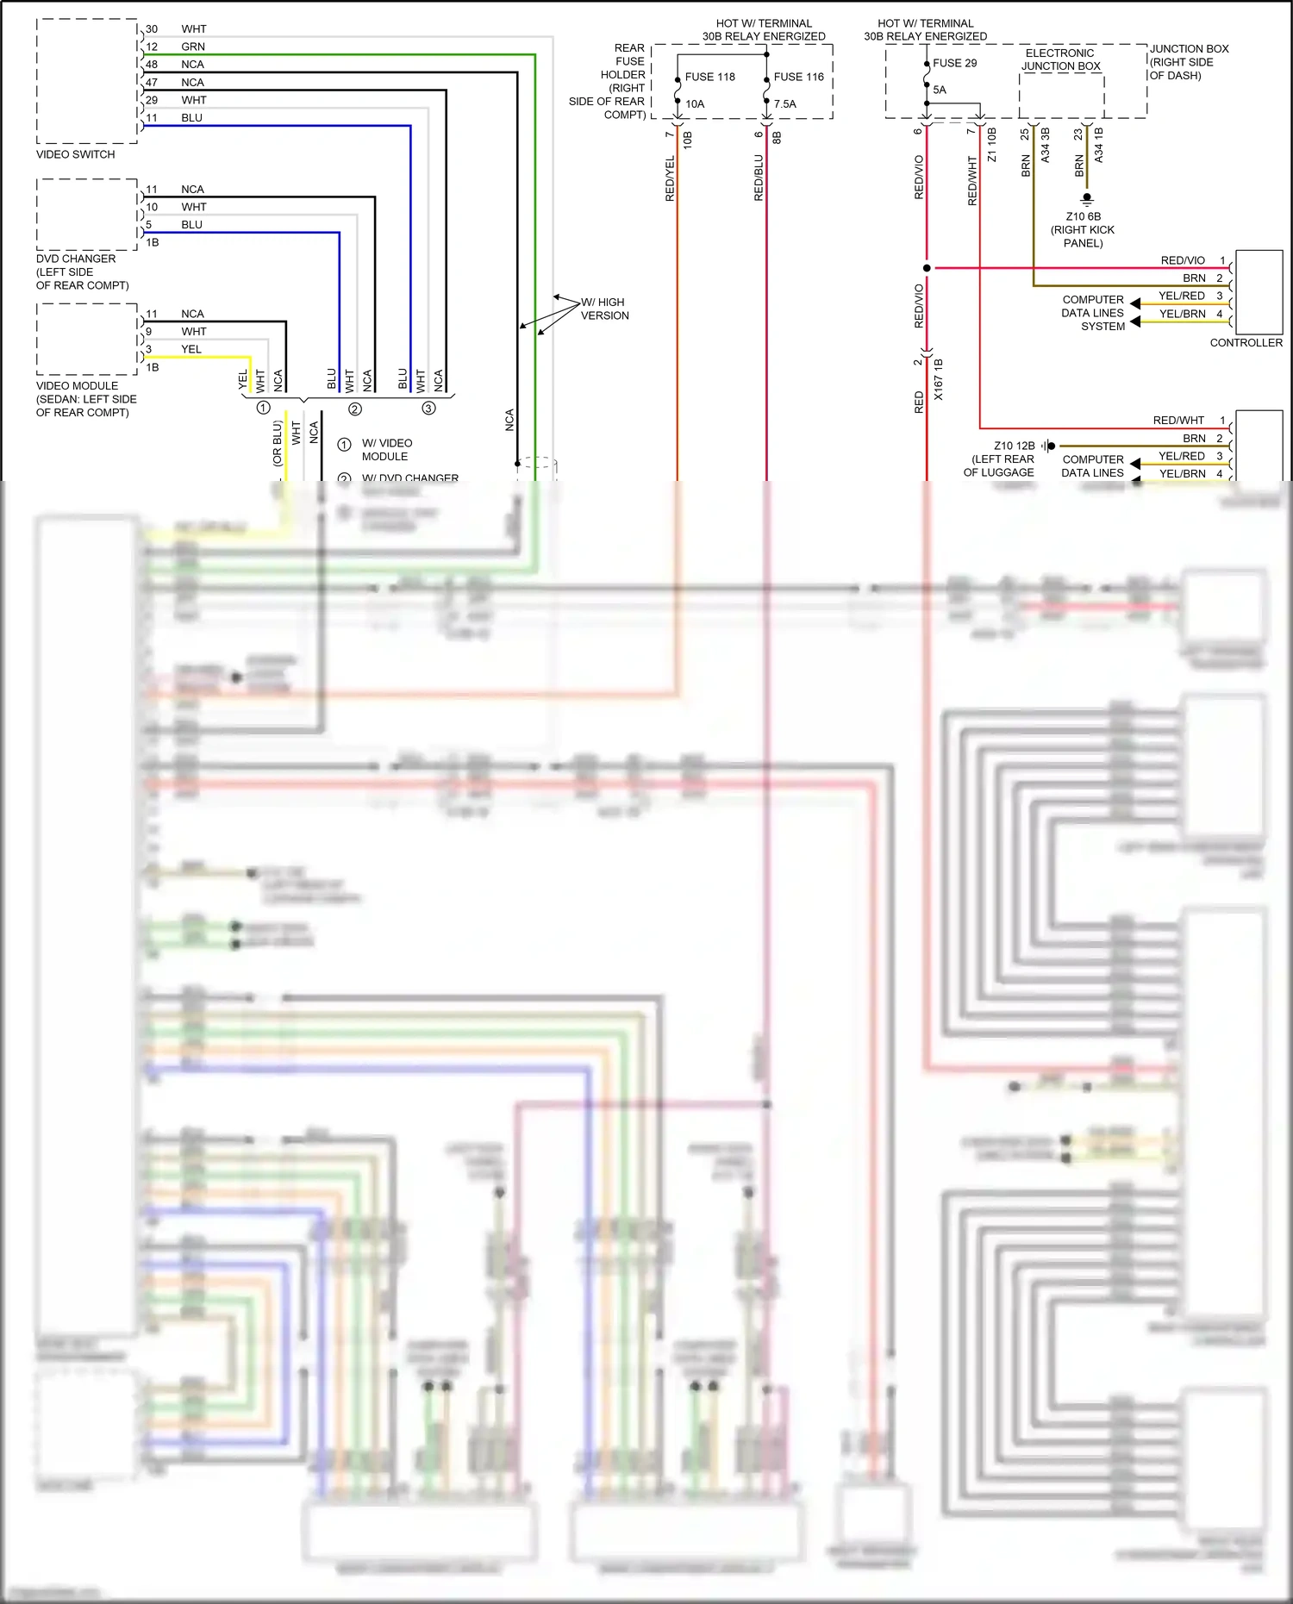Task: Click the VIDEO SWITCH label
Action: point(75,154)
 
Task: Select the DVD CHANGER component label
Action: point(76,259)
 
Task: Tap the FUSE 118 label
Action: point(709,77)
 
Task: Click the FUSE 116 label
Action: point(798,77)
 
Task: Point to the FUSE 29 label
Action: point(954,63)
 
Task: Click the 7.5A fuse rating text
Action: point(784,104)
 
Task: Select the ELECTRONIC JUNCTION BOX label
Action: point(1060,59)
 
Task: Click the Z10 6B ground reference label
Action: point(1083,216)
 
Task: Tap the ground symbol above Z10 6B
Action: point(1086,198)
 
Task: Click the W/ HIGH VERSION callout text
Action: point(604,309)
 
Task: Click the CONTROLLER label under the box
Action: point(1246,342)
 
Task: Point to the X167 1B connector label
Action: point(938,379)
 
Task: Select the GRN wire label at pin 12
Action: point(193,47)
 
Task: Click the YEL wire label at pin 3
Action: point(191,349)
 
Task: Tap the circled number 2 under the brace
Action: point(354,409)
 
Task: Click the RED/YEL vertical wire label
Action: point(670,178)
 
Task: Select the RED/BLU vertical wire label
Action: point(759,178)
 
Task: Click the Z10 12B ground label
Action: point(1014,446)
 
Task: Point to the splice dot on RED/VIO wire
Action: point(927,268)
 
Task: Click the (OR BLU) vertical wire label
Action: point(278,443)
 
